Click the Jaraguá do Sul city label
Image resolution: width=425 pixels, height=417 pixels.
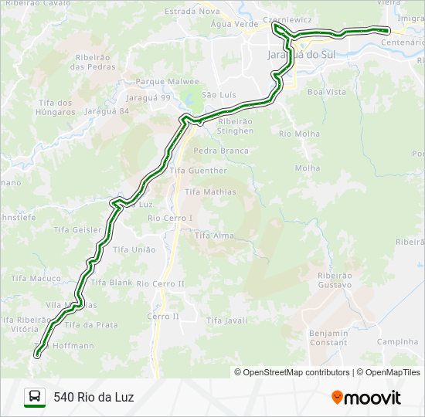pyautogui.click(x=304, y=55)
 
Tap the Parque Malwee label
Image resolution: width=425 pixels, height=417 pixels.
pyautogui.click(x=168, y=81)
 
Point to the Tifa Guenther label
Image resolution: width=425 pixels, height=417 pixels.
pyautogui.click(x=199, y=171)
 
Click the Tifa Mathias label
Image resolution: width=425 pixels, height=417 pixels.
pyautogui.click(x=210, y=191)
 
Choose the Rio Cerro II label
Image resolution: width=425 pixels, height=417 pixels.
pyautogui.click(x=160, y=283)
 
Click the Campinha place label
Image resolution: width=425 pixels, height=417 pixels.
pyautogui.click(x=397, y=341)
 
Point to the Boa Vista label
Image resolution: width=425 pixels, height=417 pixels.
pyautogui.click(x=326, y=91)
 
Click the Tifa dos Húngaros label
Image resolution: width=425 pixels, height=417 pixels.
pyautogui.click(x=55, y=107)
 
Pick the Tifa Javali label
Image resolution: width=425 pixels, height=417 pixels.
pyautogui.click(x=226, y=320)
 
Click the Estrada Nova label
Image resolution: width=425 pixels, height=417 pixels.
pyautogui.click(x=192, y=12)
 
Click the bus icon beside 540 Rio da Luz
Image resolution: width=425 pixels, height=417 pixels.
pyautogui.click(x=35, y=397)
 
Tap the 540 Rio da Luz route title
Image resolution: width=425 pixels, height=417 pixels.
pyautogui.click(x=93, y=397)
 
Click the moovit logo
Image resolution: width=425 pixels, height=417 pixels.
pyautogui.click(x=366, y=398)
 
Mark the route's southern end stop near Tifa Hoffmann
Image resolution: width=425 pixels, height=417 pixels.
pyautogui.click(x=36, y=354)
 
